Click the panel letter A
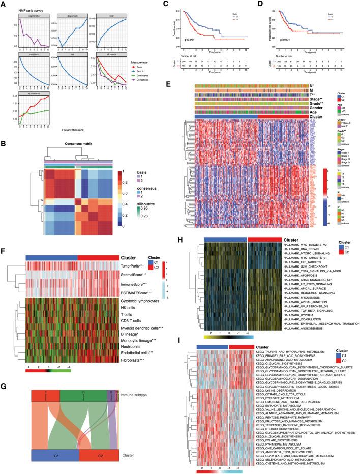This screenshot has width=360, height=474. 5,4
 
